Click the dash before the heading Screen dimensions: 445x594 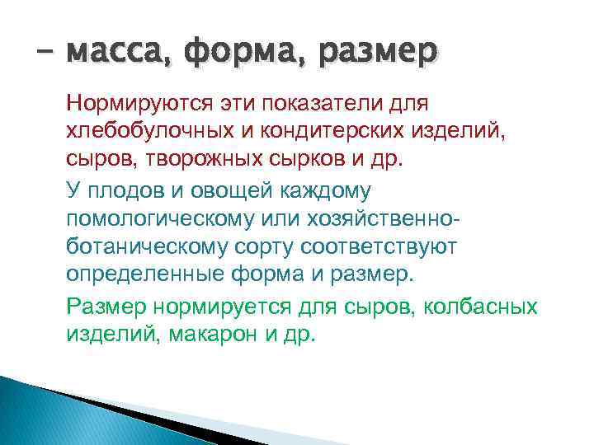44,54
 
